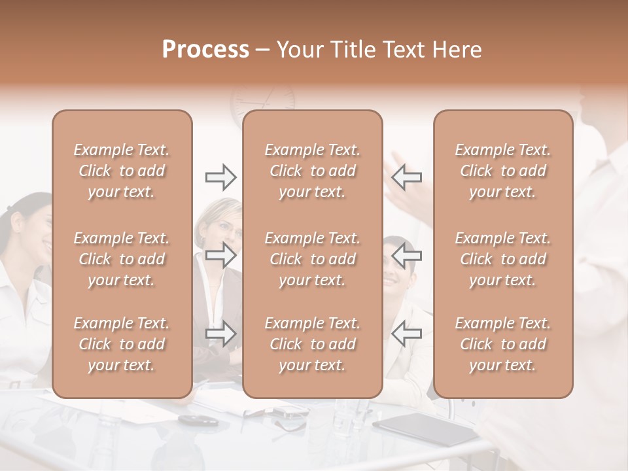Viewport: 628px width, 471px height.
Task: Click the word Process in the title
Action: (205, 50)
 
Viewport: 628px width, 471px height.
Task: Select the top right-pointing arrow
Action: (221, 177)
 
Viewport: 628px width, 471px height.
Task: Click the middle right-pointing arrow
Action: (221, 254)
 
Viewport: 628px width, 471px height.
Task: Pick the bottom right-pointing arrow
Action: (221, 334)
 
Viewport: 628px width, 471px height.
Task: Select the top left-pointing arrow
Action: (406, 177)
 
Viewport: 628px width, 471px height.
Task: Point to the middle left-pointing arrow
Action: (406, 254)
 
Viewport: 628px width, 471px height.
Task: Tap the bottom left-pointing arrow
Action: (406, 334)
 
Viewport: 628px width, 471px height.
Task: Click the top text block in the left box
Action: (122, 171)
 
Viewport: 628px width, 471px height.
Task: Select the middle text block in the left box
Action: (122, 259)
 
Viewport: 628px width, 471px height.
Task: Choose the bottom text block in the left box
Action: (122, 344)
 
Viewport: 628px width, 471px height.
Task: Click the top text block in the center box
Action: (312, 171)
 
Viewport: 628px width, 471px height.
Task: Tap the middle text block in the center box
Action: (312, 259)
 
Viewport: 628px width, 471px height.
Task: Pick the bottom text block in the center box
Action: (312, 344)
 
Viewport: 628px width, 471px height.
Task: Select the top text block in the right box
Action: (503, 171)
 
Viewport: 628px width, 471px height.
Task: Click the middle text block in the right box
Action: (503, 259)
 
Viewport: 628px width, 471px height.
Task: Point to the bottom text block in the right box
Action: (503, 344)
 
